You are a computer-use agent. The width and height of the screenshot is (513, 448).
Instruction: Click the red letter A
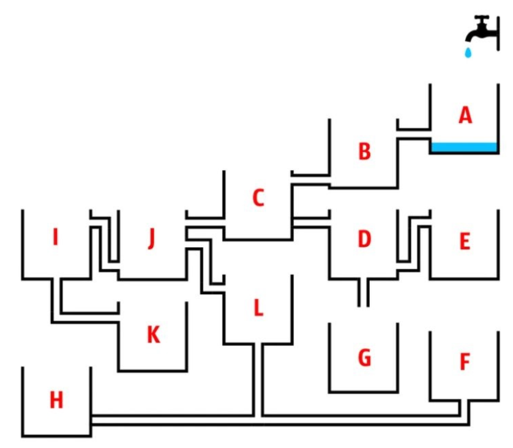click(x=465, y=116)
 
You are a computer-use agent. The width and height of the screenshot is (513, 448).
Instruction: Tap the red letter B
click(x=364, y=151)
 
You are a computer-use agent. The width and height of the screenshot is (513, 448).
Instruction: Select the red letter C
click(x=258, y=198)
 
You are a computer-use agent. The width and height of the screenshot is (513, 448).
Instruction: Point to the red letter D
click(x=364, y=239)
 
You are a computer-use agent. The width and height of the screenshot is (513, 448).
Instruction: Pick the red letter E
click(x=465, y=241)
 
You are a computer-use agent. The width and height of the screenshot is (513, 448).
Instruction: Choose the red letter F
click(x=465, y=362)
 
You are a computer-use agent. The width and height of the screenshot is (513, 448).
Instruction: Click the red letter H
click(x=56, y=400)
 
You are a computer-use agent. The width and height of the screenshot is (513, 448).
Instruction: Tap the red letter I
click(x=56, y=237)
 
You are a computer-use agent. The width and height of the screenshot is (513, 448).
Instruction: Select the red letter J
click(x=151, y=239)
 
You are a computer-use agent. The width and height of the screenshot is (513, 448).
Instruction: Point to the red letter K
click(x=154, y=335)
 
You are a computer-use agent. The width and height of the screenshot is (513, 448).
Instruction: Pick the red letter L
click(x=258, y=308)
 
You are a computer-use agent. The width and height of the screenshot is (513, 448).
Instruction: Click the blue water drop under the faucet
click(x=468, y=53)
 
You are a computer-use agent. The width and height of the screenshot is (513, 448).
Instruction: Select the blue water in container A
click(x=465, y=147)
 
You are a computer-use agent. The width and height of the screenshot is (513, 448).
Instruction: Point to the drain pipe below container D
click(x=364, y=293)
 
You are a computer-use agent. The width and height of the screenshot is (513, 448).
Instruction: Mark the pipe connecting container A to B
click(x=414, y=134)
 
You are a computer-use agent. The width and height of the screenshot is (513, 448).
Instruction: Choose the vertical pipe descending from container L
click(x=258, y=380)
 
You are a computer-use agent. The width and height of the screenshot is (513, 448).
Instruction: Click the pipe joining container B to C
click(x=310, y=181)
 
